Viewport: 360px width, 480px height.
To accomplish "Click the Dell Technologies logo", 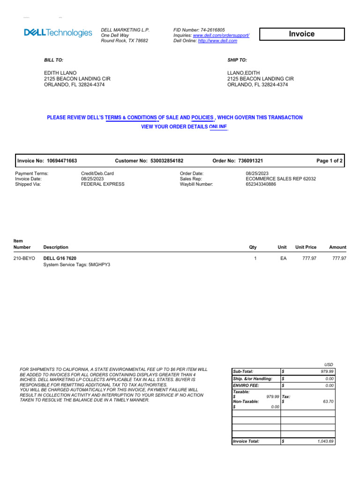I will (58, 33).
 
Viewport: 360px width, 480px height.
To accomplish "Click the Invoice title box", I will (302, 34).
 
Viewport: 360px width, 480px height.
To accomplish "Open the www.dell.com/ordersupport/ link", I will (221, 35).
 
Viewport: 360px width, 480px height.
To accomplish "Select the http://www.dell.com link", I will (217, 41).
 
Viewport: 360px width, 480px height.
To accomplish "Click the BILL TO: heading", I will (53, 60).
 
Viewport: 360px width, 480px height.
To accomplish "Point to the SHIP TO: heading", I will (237, 60).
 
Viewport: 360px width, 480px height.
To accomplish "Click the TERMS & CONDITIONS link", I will (131, 118).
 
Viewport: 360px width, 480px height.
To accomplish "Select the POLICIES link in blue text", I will (202, 118).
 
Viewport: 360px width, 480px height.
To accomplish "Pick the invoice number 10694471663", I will (62, 161).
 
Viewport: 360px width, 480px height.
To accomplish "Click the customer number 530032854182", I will (167, 161).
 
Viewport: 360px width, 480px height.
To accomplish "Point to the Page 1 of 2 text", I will (330, 161).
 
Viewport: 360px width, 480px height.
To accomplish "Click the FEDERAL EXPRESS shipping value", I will (103, 184).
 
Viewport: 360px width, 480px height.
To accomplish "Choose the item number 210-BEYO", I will (24, 258).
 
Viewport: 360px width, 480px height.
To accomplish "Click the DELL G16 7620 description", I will (60, 258).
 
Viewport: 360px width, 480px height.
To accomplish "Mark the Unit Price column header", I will (306, 247).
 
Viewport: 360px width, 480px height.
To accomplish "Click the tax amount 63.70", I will (327, 402).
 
